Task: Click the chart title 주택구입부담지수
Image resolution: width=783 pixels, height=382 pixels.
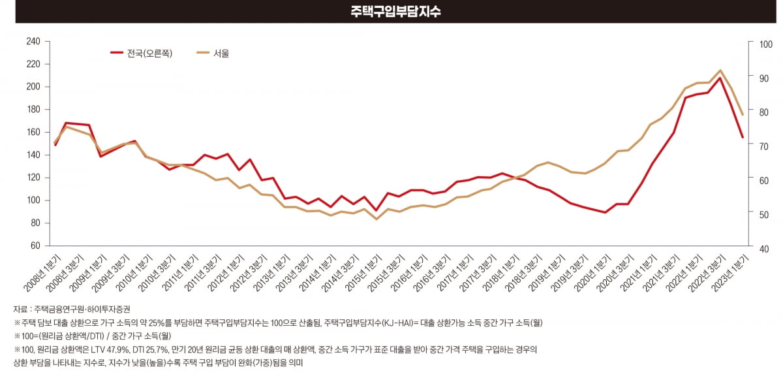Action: coord(391,12)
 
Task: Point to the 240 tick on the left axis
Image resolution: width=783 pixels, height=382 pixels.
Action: coord(33,41)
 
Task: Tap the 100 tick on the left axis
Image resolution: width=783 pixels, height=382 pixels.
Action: coord(33,200)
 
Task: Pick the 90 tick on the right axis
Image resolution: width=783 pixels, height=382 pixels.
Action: coord(759,78)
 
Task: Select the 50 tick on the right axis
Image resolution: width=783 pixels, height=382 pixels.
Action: coord(759,215)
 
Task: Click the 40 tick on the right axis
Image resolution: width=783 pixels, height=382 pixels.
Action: coord(759,249)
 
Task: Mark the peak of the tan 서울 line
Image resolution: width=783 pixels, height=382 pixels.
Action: coord(720,70)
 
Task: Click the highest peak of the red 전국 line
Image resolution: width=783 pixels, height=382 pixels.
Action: coord(720,78)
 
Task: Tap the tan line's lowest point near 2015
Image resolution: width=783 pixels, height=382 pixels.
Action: coord(376,219)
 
